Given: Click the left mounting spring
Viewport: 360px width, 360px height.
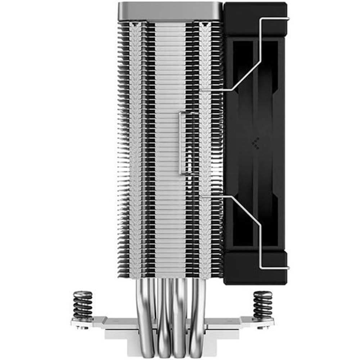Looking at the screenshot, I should point(83,305).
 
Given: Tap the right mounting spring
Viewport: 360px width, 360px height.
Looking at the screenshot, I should point(263,305).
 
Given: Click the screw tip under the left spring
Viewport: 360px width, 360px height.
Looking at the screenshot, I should point(84,327).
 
